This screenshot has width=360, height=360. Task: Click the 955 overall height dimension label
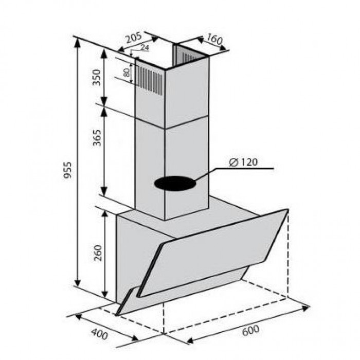[x=68, y=170]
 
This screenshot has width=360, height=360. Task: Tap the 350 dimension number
[x=97, y=77]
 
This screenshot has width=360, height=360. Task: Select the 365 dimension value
[x=97, y=138]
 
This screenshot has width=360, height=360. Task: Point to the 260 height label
[x=98, y=253]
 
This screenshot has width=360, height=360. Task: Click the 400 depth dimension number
[x=99, y=334]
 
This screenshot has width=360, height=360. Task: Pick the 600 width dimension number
[x=250, y=330]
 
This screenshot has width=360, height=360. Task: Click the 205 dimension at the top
[x=134, y=38]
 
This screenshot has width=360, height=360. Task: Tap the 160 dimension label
[x=214, y=39]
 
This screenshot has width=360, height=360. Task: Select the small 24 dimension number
[x=145, y=47]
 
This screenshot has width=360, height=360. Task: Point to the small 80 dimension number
[x=127, y=73]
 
